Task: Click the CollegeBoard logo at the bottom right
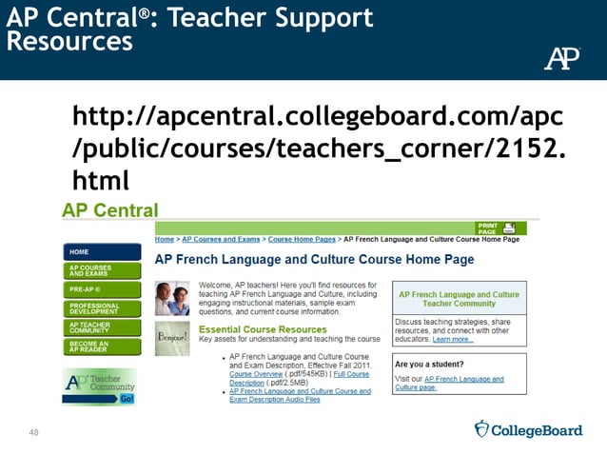[529, 429]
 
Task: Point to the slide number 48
[34, 433]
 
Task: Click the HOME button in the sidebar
[101, 252]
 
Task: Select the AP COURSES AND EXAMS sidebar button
[101, 270]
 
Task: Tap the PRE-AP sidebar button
[101, 288]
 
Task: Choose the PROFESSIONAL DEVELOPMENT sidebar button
[101, 307]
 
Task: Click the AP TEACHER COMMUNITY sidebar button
[101, 326]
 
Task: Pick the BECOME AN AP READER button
[101, 346]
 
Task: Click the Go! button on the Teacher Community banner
[127, 398]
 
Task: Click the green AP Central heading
[110, 209]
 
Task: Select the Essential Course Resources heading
[262, 330]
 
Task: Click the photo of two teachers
[172, 297]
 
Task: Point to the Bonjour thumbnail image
[172, 338]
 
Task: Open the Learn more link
[452, 339]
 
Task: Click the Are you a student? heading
[429, 364]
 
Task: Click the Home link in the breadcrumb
[166, 239]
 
